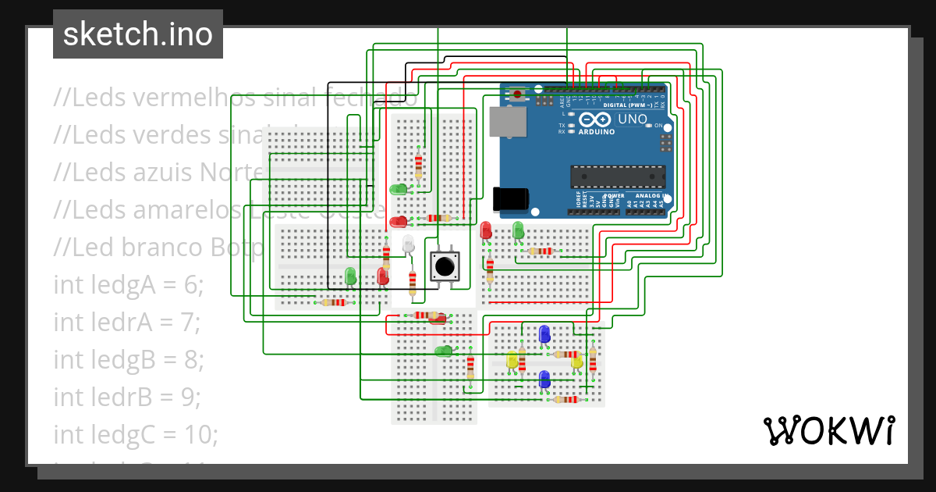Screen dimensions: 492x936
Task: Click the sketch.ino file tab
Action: pos(137,34)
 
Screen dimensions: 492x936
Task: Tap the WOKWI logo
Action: pos(828,430)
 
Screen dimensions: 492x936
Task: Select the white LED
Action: pos(408,244)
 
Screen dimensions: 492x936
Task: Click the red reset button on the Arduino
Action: pos(517,95)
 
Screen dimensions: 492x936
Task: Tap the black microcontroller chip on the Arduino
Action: pos(617,176)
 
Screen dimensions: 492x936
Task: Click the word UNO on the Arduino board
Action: pos(632,120)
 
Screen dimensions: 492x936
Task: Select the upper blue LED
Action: pos(544,334)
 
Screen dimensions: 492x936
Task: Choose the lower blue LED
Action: pos(544,380)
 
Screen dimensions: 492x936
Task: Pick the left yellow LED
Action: pos(512,360)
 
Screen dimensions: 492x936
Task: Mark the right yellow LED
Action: pos(576,360)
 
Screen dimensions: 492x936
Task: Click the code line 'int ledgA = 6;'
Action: pos(128,285)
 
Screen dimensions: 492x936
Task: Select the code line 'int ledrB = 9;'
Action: pos(127,397)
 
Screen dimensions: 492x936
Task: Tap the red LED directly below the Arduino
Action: pos(486,230)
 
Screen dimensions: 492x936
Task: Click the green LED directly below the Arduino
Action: pos(518,230)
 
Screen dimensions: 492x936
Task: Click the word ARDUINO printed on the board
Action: pos(596,132)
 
